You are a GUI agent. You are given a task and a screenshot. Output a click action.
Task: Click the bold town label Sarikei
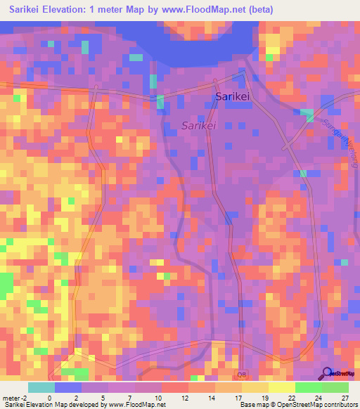point(233,97)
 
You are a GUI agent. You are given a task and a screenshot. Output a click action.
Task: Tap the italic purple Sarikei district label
point(198,126)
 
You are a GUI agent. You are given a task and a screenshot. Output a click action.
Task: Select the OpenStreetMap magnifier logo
point(326,373)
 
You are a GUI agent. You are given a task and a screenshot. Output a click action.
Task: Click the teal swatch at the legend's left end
point(41,387)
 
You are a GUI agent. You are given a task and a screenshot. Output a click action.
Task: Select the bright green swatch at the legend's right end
point(335,387)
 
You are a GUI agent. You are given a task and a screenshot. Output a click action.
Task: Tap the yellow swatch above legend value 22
point(281,387)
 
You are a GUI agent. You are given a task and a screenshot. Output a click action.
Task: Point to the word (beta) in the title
point(259,10)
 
